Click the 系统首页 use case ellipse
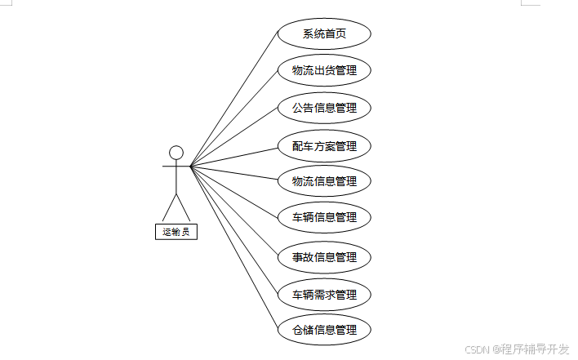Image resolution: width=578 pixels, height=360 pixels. [324, 34]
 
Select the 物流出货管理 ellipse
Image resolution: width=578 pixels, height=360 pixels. [324, 70]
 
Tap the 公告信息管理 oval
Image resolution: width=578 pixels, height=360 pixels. [324, 107]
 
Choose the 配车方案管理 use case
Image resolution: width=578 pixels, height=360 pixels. [324, 147]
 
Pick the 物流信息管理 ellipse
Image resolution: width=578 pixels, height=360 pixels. [324, 180]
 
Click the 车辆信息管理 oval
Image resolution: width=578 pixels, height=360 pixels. [324, 217]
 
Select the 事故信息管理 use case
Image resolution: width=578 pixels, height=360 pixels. [324, 257]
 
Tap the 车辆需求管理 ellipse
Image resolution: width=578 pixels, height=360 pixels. [324, 294]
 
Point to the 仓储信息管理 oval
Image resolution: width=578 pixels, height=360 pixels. [324, 330]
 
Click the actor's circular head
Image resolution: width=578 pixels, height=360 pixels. [176, 152]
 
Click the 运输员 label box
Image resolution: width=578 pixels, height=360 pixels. [176, 232]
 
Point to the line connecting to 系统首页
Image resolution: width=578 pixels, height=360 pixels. [234, 100]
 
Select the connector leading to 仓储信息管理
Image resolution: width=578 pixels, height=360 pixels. [234, 248]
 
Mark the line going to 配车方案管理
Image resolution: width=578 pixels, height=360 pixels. [234, 157]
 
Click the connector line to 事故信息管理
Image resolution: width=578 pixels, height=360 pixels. [234, 211]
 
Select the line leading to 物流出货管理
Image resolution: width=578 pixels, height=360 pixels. [234, 118]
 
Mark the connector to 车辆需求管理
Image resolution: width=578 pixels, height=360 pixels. [234, 230]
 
